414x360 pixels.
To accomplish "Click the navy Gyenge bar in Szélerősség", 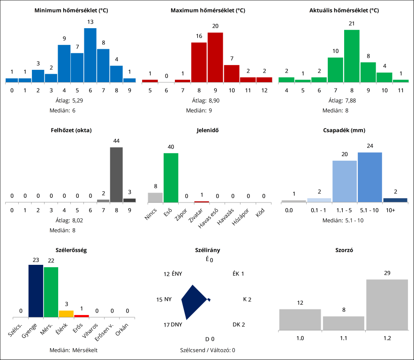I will pos(36,291).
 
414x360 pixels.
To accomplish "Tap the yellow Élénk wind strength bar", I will pos(66,314).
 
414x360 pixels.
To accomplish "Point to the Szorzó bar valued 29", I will pos(387,304).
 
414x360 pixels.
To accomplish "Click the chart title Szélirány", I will pos(207,250).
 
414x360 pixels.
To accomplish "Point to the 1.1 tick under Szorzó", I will pos(344,337).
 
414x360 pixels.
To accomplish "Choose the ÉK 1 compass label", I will pos(238,274).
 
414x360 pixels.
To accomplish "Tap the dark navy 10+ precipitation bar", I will pos(395,200).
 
